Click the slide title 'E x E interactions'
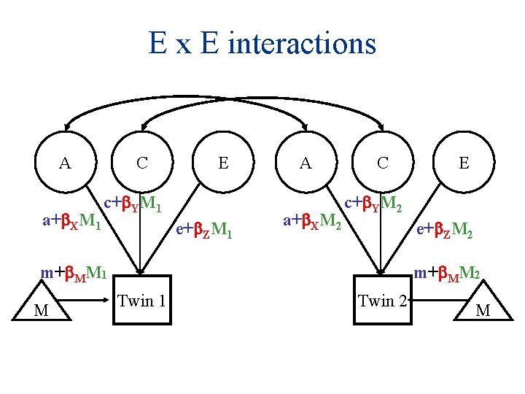click(x=262, y=43)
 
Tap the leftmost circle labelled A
click(x=66, y=162)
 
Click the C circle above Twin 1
click(x=143, y=162)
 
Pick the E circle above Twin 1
click(x=222, y=162)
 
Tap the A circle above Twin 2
click(x=306, y=162)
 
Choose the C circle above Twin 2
click(x=383, y=162)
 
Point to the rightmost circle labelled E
click(x=464, y=162)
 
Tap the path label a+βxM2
click(x=311, y=219)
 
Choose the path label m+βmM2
click(x=446, y=274)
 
